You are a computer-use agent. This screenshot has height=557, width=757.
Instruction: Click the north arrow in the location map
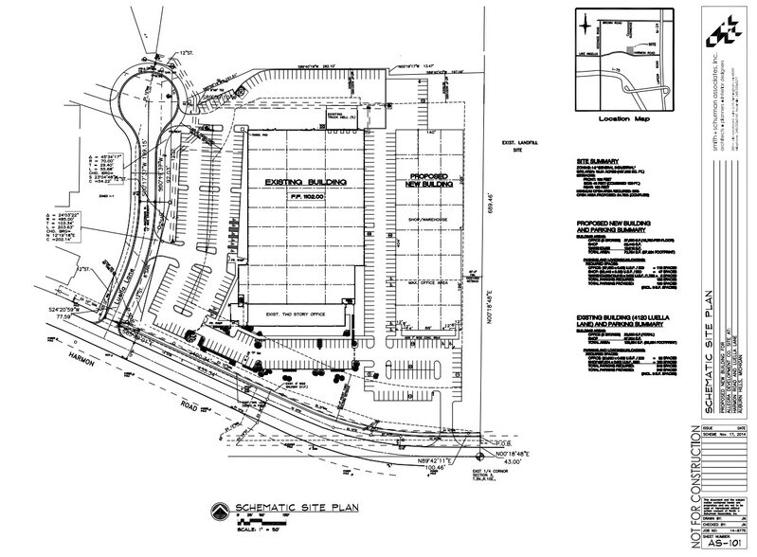(591, 38)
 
